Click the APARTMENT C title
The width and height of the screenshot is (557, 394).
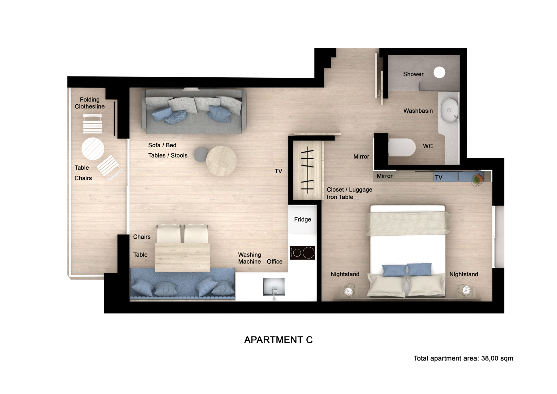click(x=278, y=340)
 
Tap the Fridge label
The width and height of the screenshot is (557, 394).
click(x=303, y=219)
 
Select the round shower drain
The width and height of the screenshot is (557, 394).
click(x=439, y=72)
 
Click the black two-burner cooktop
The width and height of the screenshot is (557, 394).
click(x=302, y=253)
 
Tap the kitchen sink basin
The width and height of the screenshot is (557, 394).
click(x=274, y=287)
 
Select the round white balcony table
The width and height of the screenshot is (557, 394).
click(x=93, y=149)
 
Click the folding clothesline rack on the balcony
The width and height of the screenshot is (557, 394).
click(x=93, y=123)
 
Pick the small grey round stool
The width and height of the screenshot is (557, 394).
click(x=201, y=154)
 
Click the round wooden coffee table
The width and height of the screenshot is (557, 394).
click(x=221, y=161)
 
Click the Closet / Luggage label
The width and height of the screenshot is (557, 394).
click(x=350, y=189)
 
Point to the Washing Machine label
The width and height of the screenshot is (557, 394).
click(x=250, y=258)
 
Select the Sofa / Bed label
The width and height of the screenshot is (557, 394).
click(x=162, y=145)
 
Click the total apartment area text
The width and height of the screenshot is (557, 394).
click(x=463, y=358)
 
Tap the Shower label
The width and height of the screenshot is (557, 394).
click(x=413, y=74)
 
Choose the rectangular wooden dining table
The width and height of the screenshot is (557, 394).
click(x=183, y=257)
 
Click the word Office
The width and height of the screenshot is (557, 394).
click(x=275, y=262)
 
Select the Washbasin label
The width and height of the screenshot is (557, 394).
click(x=418, y=110)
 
